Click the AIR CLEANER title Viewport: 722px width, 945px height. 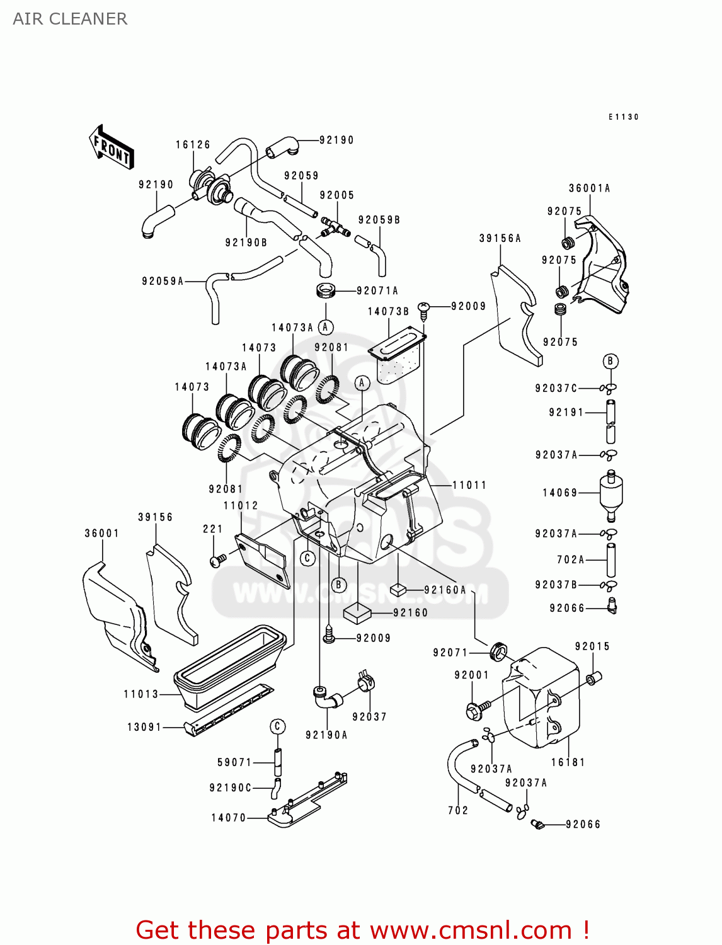click(70, 19)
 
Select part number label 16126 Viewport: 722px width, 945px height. click(193, 145)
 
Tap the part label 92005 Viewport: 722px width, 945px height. click(337, 195)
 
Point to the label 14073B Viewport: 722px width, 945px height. click(389, 311)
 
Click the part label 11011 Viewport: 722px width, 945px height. click(469, 485)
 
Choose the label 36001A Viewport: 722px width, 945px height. click(590, 188)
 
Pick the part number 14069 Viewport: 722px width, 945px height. click(560, 493)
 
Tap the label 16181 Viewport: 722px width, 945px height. click(568, 762)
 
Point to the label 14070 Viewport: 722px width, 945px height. click(229, 818)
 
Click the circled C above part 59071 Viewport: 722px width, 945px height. click(278, 726)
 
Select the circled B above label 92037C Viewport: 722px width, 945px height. click(610, 361)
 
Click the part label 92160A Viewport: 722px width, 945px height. click(445, 590)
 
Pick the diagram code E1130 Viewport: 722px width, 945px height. click(624, 117)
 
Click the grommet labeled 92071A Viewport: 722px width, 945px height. click(325, 291)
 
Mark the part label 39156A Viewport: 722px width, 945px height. click(500, 238)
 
